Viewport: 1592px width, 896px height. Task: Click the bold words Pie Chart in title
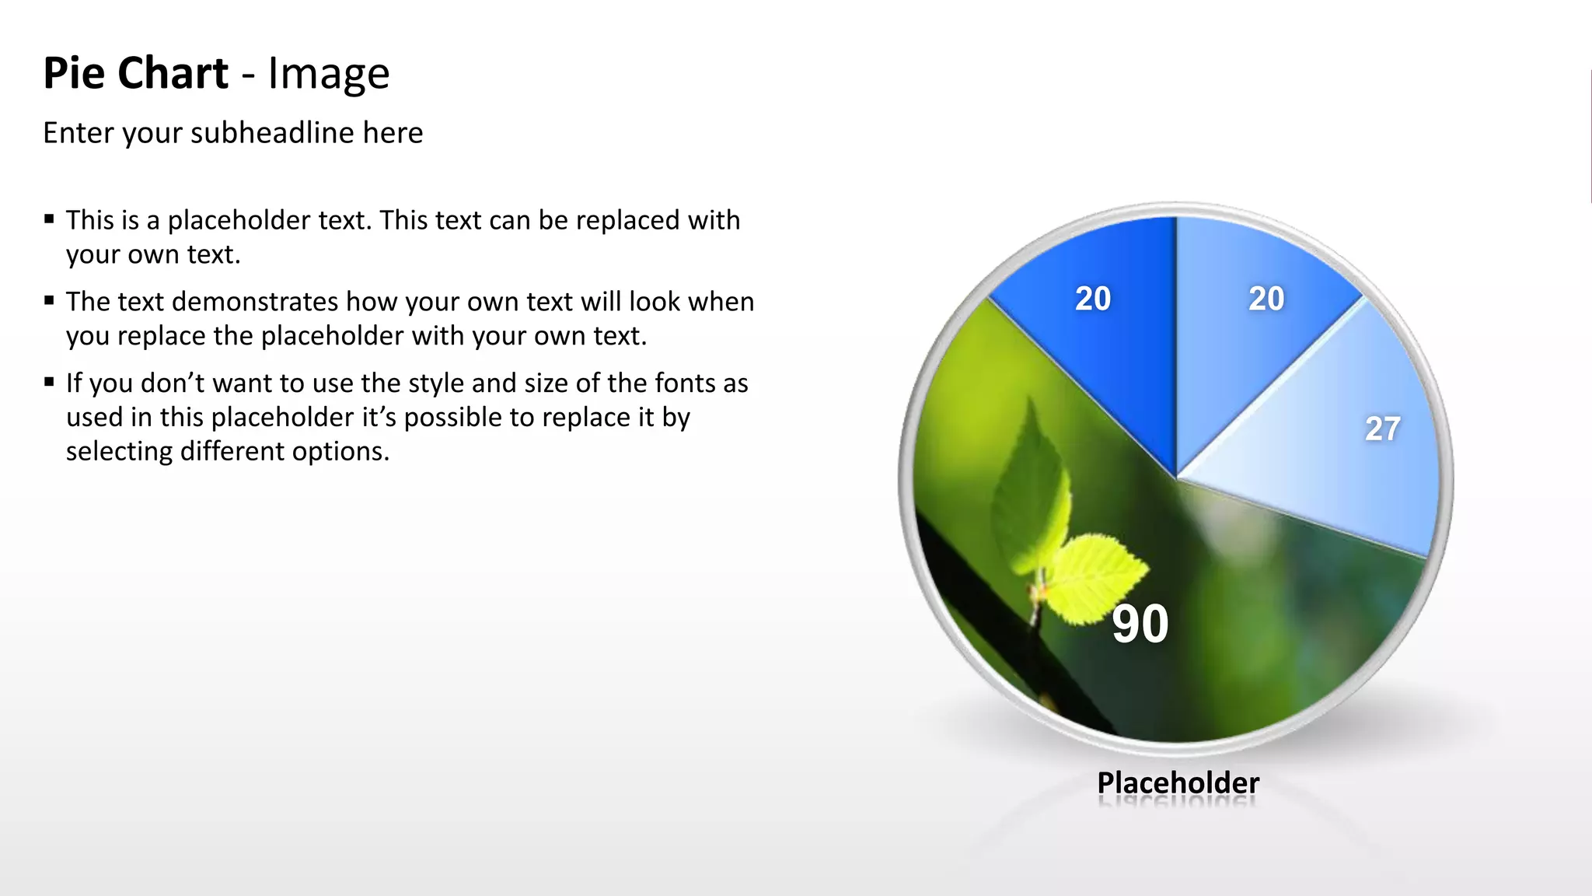135,73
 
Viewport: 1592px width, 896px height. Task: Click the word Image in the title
328,73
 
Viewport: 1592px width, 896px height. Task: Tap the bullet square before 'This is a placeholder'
49,219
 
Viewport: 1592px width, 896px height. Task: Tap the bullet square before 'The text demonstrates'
49,301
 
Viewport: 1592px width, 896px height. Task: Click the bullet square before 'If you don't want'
49,382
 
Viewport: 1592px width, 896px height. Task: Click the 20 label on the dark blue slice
1093,299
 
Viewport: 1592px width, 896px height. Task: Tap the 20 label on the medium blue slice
1266,299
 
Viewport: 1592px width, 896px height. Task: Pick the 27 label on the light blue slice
1382,429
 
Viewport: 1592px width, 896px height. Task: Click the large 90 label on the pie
1140,624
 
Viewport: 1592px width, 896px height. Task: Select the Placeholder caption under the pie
1178,782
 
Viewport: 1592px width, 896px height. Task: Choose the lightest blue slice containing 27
1337,467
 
